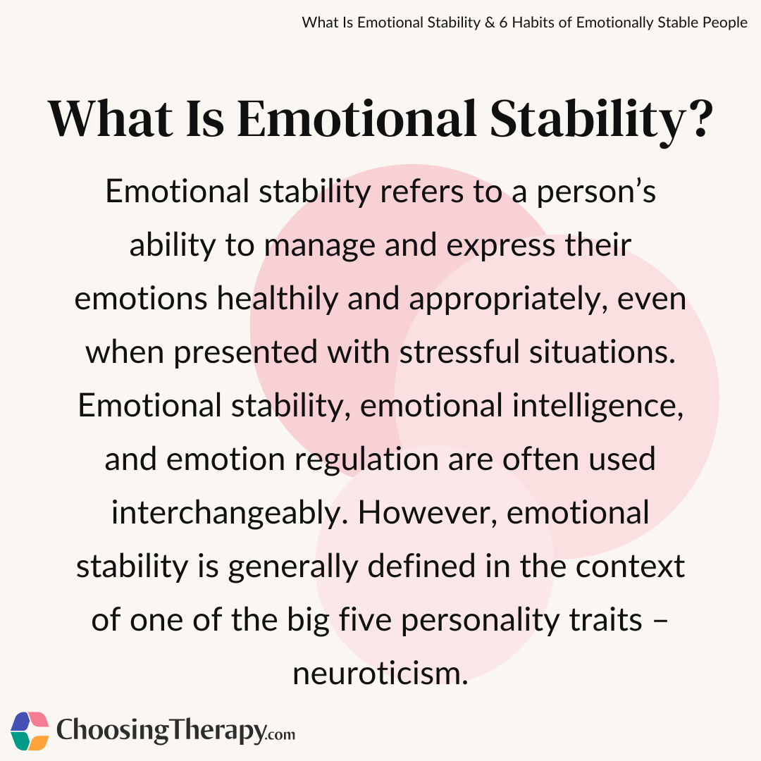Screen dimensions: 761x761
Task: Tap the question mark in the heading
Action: click(695, 120)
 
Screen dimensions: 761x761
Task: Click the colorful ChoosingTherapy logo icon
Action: click(30, 731)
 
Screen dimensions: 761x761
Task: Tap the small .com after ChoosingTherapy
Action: click(280, 735)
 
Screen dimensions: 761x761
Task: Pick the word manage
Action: click(327, 246)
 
